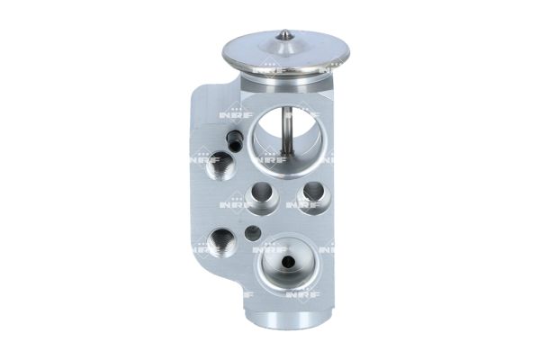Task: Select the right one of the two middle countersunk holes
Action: (312, 192)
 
